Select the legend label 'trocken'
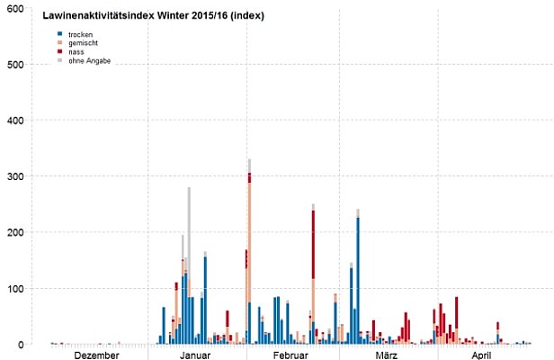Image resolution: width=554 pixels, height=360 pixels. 81,34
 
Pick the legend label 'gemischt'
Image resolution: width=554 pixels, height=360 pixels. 84,43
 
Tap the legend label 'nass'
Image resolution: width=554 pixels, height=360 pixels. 76,52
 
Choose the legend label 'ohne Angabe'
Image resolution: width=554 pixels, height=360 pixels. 89,60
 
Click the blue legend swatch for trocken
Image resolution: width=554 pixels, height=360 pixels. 60,34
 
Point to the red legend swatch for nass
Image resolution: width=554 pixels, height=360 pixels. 60,52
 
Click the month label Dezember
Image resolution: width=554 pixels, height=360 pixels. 97,355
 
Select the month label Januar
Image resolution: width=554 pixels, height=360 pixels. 195,355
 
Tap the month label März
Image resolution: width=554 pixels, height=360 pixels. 387,355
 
